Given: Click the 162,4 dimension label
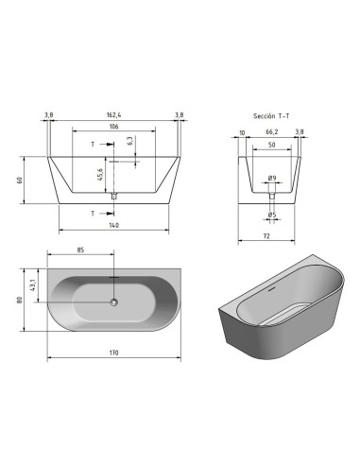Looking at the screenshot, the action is click(x=113, y=115).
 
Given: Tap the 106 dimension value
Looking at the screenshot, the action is click(x=113, y=127).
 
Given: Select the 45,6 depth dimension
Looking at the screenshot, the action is click(x=100, y=175).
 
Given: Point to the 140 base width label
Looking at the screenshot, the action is click(x=113, y=225).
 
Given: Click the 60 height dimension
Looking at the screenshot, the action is click(x=20, y=181).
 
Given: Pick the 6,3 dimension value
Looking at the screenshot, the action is click(x=130, y=141).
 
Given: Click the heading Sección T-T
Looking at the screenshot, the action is click(x=271, y=116).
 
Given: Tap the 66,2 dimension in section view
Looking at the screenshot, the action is click(x=272, y=131).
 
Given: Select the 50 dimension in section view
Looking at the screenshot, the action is click(x=271, y=145).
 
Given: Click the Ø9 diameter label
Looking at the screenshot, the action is click(x=272, y=178).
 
